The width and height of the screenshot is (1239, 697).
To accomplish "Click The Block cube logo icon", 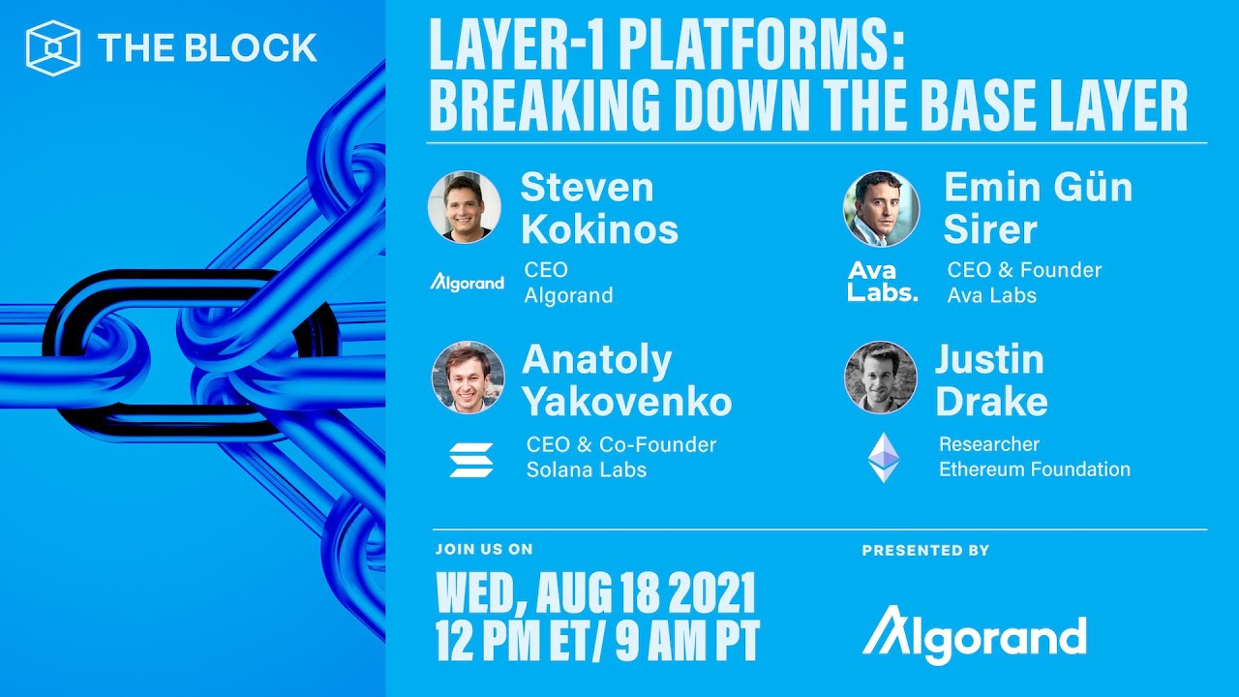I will [x=52, y=47].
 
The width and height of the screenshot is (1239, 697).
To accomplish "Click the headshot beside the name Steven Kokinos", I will [x=465, y=207].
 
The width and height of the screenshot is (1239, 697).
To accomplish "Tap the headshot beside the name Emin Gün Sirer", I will [x=881, y=208].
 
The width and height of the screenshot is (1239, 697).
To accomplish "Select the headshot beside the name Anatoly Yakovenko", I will [x=468, y=378].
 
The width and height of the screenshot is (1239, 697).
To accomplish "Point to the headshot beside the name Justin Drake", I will [x=881, y=378].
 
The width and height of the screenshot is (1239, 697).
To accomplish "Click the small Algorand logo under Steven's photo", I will [x=468, y=283].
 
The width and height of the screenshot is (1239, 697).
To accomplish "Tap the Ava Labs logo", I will [x=882, y=282].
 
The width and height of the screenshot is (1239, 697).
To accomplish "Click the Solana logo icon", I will [x=471, y=459].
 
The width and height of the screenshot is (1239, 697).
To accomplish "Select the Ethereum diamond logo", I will [x=883, y=457].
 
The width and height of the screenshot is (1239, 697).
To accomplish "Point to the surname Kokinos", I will [x=599, y=230].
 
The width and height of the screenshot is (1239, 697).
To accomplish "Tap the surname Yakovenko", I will [x=626, y=401].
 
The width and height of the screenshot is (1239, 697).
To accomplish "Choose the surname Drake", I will [x=991, y=401].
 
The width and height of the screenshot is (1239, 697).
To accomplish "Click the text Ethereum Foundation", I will [x=1034, y=470].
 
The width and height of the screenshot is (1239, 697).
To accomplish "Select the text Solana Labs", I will [x=586, y=470].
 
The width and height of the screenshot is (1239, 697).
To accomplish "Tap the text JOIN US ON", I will [x=484, y=550].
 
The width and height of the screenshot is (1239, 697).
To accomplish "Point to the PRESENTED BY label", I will [x=925, y=551].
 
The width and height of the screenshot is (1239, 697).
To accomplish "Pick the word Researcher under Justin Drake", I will [x=988, y=444].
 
